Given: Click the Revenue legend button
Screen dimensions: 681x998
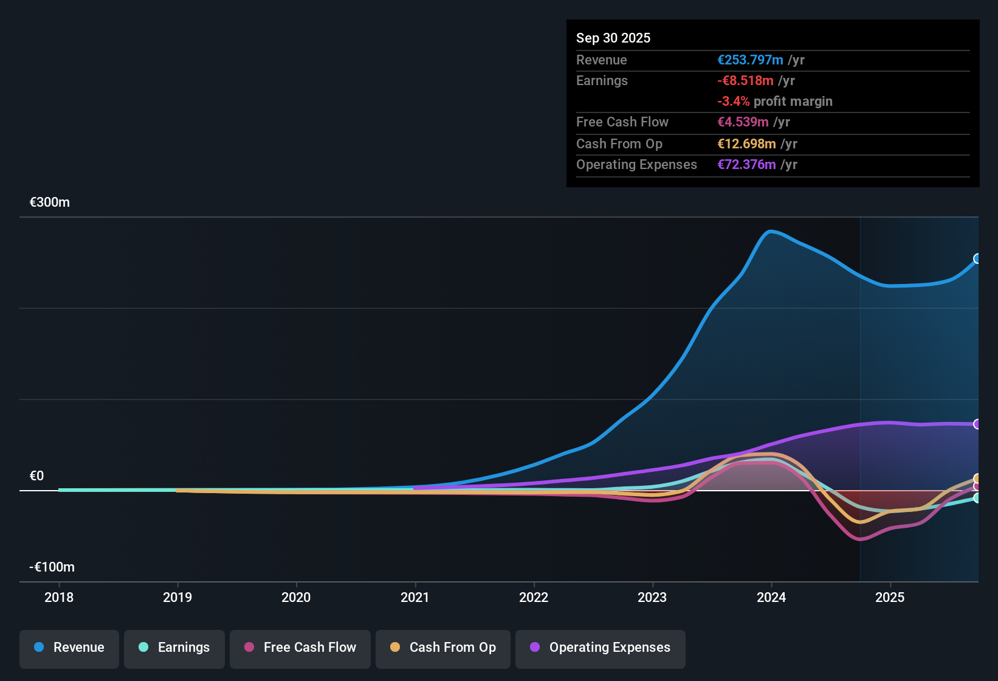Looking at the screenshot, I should coord(69,648).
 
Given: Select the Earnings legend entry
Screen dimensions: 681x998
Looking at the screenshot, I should coord(174,648).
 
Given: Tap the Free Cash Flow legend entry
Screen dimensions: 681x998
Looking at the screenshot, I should coord(300,648).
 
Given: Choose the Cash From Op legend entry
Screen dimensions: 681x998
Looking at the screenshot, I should coord(443,648).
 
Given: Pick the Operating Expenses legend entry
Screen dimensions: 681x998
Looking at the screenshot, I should coord(601,648).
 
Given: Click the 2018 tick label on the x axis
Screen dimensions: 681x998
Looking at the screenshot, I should coord(59,598).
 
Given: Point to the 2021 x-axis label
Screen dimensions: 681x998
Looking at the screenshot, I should coord(415,598).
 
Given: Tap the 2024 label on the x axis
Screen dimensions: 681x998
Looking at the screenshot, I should coord(771,598).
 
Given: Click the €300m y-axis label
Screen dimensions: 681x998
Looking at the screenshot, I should coord(50,202).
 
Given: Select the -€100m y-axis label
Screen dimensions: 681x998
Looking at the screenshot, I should coord(52,567).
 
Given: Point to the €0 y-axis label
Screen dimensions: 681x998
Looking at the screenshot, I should coord(37,476).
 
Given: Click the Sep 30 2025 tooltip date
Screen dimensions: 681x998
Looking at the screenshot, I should coord(613,38).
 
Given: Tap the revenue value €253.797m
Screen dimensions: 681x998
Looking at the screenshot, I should coord(750,60).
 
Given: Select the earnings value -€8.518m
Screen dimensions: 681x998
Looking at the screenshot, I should coord(746,81).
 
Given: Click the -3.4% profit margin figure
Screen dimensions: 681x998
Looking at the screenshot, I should coord(734,102).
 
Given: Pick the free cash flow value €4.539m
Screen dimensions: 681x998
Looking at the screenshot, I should coord(743,122).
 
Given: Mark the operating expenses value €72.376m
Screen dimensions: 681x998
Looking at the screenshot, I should coord(746,165).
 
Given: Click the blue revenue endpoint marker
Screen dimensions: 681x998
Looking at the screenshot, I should coord(977,259).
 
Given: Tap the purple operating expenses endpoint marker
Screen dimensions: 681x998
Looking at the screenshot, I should coord(977,424).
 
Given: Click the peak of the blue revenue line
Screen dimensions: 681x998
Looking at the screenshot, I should coord(771,231).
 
